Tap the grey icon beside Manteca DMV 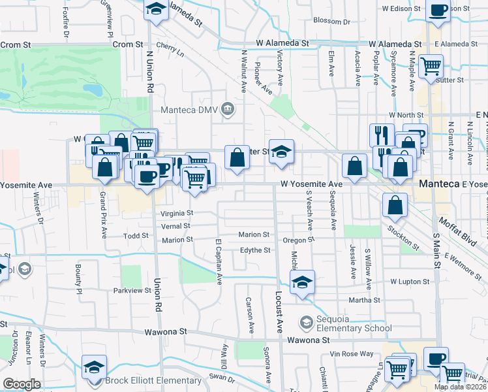click(227, 108)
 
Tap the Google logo click(22, 384)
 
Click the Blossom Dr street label click(331, 21)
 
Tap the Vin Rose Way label click(352, 353)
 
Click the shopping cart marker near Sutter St click(431, 66)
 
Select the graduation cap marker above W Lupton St click(302, 282)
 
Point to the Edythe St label click(255, 250)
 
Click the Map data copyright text click(461, 387)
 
